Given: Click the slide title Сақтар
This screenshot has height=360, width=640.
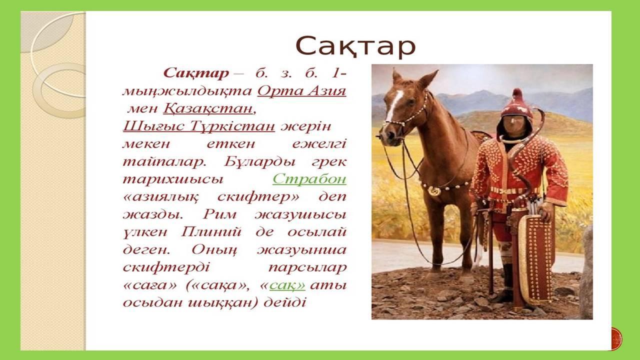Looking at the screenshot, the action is (355, 46).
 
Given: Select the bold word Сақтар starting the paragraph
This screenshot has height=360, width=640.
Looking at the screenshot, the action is (196, 73).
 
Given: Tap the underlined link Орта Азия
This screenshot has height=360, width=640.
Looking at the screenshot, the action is (301, 91).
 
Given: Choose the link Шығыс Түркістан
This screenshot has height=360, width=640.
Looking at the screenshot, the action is (199, 126).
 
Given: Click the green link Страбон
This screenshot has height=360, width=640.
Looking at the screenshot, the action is (309, 179).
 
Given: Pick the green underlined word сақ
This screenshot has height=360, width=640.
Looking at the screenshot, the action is (287, 285).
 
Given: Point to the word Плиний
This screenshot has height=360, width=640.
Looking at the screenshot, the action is (211, 231).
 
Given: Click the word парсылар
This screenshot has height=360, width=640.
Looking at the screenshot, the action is (307, 268).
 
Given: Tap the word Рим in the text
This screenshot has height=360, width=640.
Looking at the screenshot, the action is (219, 214).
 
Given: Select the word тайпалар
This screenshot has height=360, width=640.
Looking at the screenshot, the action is (164, 162).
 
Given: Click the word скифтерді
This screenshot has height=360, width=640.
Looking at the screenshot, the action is (166, 267).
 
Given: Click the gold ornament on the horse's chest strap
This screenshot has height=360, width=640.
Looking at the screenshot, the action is (434, 190).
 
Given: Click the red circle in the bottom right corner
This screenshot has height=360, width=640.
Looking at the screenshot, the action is (616, 339).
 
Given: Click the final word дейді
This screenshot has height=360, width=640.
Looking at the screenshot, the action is (284, 302).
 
